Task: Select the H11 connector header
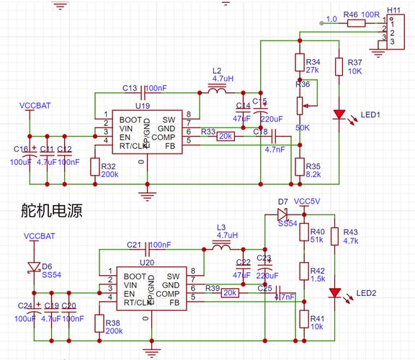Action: click(393, 31)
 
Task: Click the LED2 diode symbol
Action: click(334, 292)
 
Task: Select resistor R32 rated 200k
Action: click(94, 166)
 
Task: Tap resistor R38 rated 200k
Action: click(99, 323)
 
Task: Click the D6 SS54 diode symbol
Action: click(33, 266)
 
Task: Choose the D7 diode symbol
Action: click(282, 214)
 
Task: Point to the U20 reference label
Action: click(146, 263)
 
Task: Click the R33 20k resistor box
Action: click(225, 135)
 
